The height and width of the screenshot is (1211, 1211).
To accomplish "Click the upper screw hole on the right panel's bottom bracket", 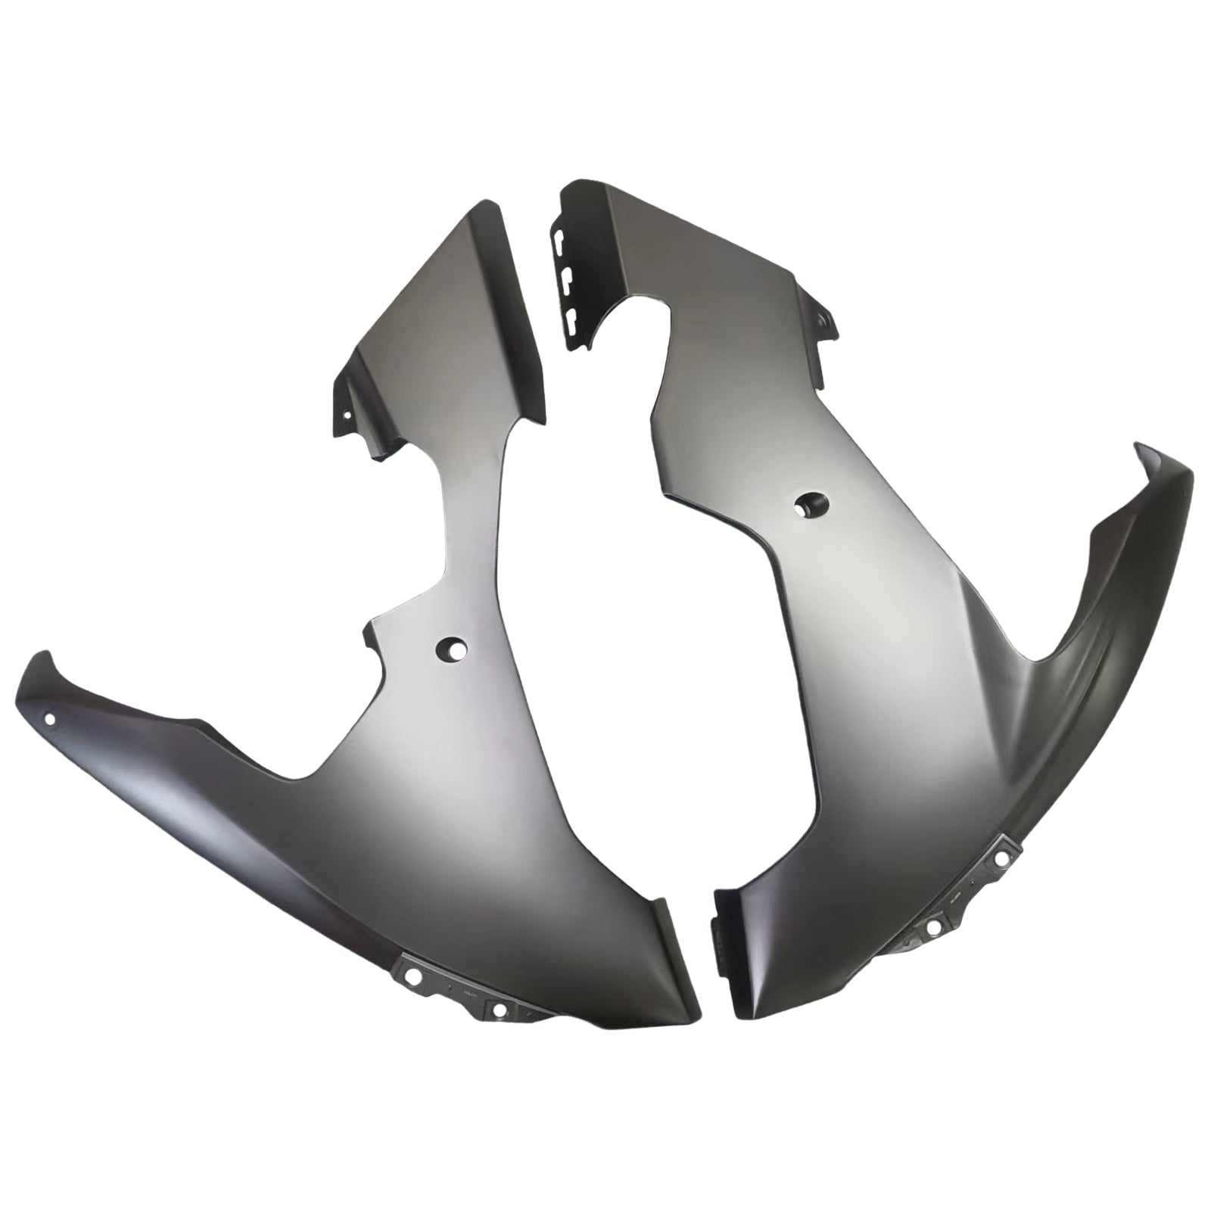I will (1004, 858).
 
